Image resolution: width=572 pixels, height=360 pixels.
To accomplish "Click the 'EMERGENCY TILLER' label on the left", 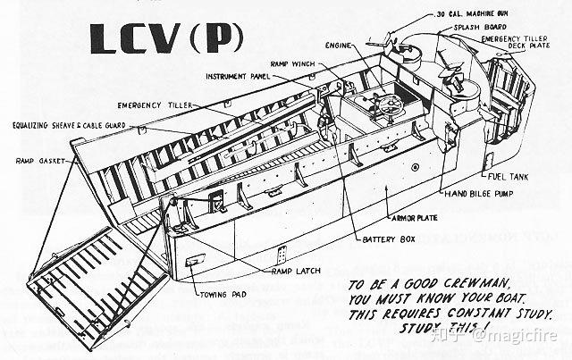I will tap(147, 105).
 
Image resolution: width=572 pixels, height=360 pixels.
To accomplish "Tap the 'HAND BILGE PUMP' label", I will tap(484, 192).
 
